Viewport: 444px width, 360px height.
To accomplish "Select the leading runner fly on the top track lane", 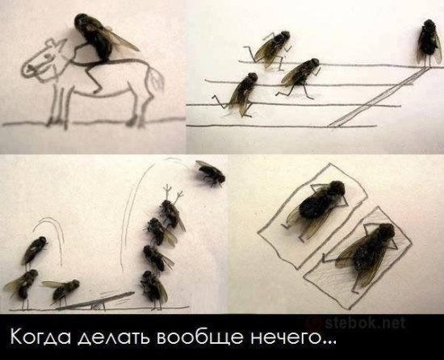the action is [x=272, y=48].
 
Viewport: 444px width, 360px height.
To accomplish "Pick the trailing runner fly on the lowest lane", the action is [x=243, y=93].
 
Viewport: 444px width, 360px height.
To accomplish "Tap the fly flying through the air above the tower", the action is [x=212, y=173].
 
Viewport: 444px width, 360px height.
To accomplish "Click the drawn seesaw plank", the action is [x=96, y=300].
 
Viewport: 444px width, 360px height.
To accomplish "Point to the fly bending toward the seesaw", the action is [x=61, y=289].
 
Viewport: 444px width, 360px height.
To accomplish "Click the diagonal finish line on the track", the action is [x=377, y=98].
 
